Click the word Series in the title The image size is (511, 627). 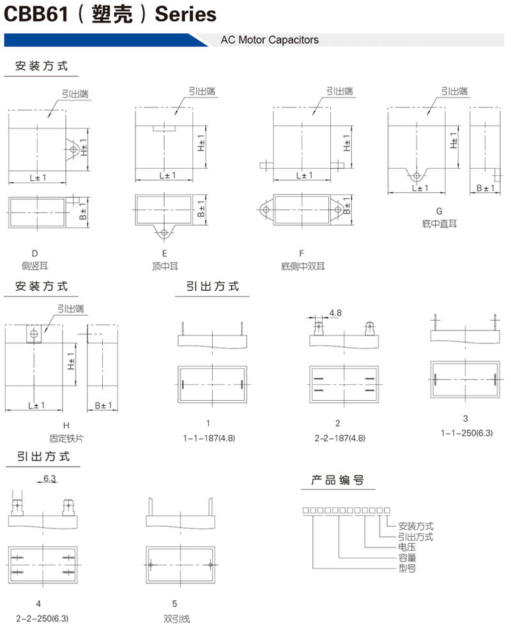tap(185, 15)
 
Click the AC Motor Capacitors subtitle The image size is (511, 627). tap(270, 40)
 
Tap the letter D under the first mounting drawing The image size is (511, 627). tap(34, 254)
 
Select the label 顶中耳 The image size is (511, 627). tap(165, 267)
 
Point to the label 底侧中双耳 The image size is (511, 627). tap(303, 267)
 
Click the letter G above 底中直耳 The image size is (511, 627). tap(439, 211)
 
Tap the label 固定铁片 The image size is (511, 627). tap(66, 438)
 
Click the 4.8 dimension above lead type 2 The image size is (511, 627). tap(335, 313)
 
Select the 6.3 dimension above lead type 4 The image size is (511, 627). tap(50, 479)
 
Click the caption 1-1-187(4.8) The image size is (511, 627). tap(209, 438)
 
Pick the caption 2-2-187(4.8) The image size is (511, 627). tap(340, 438)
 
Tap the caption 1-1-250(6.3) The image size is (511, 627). tap(467, 433)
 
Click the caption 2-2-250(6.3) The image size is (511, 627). tap(42, 619)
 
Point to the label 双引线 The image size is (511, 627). tap(176, 619)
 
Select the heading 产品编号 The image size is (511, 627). tap(338, 480)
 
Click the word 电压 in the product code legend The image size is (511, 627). tap(407, 547)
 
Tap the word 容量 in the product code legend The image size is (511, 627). tap(407, 557)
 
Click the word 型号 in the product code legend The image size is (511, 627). tap(407, 568)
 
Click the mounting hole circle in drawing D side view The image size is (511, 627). tap(73, 150)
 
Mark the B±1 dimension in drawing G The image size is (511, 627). tap(485, 188)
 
